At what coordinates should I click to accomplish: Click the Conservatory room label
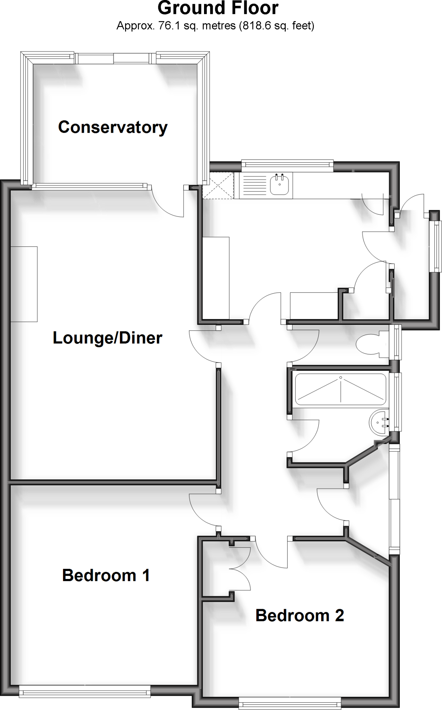(x=113, y=127)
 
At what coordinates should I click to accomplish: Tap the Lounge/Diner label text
(x=107, y=338)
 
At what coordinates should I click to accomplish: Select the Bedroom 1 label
(x=106, y=575)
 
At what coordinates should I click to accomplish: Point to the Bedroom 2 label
(x=300, y=615)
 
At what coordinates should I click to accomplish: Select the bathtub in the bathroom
(x=340, y=389)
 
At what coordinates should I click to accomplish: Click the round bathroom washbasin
(x=379, y=422)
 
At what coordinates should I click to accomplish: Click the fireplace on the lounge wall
(x=24, y=284)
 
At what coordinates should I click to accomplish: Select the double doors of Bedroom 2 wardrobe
(x=241, y=569)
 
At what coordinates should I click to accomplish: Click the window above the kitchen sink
(x=287, y=165)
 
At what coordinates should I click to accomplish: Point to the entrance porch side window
(x=435, y=246)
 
